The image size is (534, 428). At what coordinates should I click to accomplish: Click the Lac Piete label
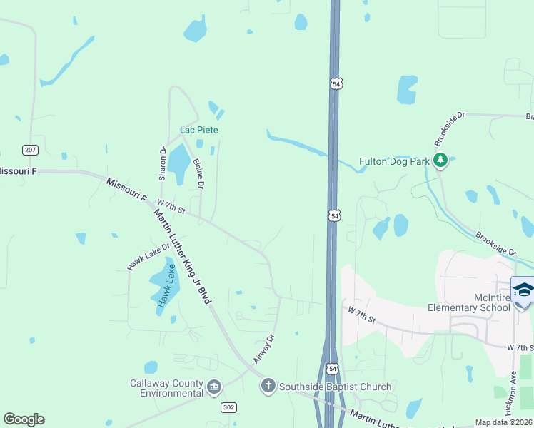(x=199, y=130)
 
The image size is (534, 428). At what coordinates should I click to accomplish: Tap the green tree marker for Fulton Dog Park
(x=441, y=160)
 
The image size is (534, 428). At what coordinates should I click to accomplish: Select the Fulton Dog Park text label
(x=394, y=161)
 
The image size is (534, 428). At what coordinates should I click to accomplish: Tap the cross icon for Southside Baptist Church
(x=268, y=386)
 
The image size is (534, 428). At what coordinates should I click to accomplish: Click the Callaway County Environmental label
(x=166, y=388)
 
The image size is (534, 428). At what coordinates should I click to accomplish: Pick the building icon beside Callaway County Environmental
(x=213, y=388)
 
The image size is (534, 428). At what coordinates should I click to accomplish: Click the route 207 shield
(x=30, y=150)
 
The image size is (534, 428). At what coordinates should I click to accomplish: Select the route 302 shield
(x=228, y=407)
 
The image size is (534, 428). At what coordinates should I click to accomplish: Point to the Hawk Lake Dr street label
(x=148, y=256)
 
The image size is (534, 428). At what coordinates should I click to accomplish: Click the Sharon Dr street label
(x=162, y=163)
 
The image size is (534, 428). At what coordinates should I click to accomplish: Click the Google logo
(x=24, y=419)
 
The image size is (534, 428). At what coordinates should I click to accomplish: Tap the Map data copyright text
(x=504, y=422)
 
